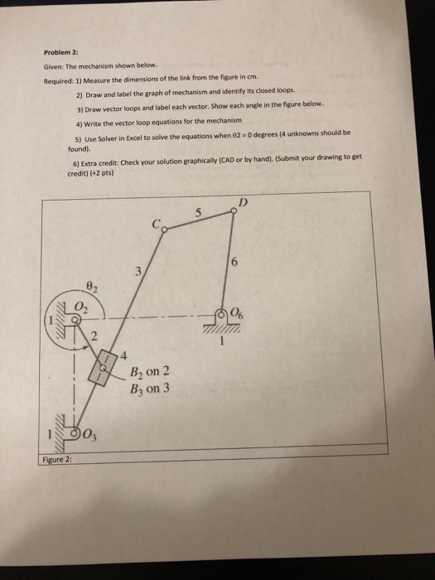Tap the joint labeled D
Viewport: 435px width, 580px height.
235,210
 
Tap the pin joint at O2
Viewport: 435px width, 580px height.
76,317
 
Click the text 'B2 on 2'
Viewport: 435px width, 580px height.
149,370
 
